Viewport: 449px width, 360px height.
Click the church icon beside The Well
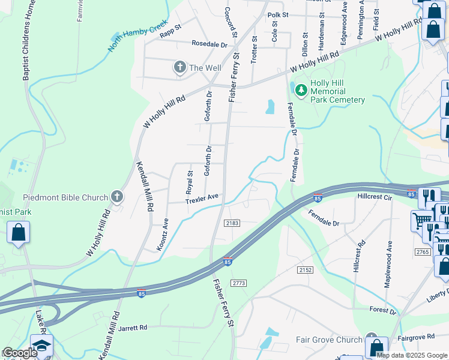179,68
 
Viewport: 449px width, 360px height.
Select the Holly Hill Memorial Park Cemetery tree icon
300,91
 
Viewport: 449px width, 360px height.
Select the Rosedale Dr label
209,44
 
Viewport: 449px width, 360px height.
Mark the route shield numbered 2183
233,223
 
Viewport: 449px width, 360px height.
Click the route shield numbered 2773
238,283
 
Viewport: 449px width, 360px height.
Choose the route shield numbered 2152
304,270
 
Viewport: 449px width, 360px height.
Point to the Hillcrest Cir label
374,196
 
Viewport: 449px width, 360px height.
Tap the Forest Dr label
384,311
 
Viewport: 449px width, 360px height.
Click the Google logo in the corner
19,353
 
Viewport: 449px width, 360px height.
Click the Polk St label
278,15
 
